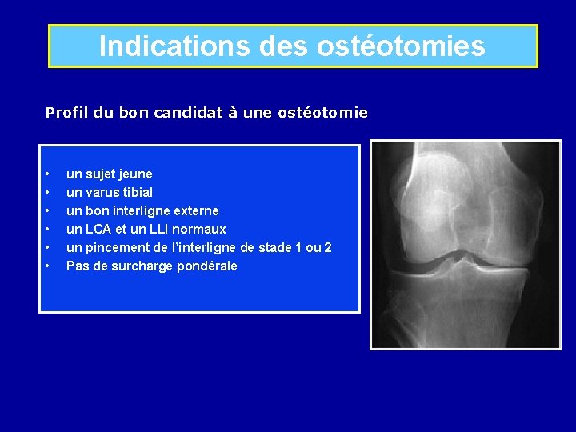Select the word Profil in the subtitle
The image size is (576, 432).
(x=66, y=113)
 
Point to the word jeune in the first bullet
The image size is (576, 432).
(x=134, y=174)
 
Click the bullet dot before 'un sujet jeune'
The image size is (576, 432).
(x=49, y=174)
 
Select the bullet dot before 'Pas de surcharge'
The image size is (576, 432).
(x=49, y=266)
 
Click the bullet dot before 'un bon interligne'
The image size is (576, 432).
(x=49, y=210)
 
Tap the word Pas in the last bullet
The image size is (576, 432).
(x=77, y=266)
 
